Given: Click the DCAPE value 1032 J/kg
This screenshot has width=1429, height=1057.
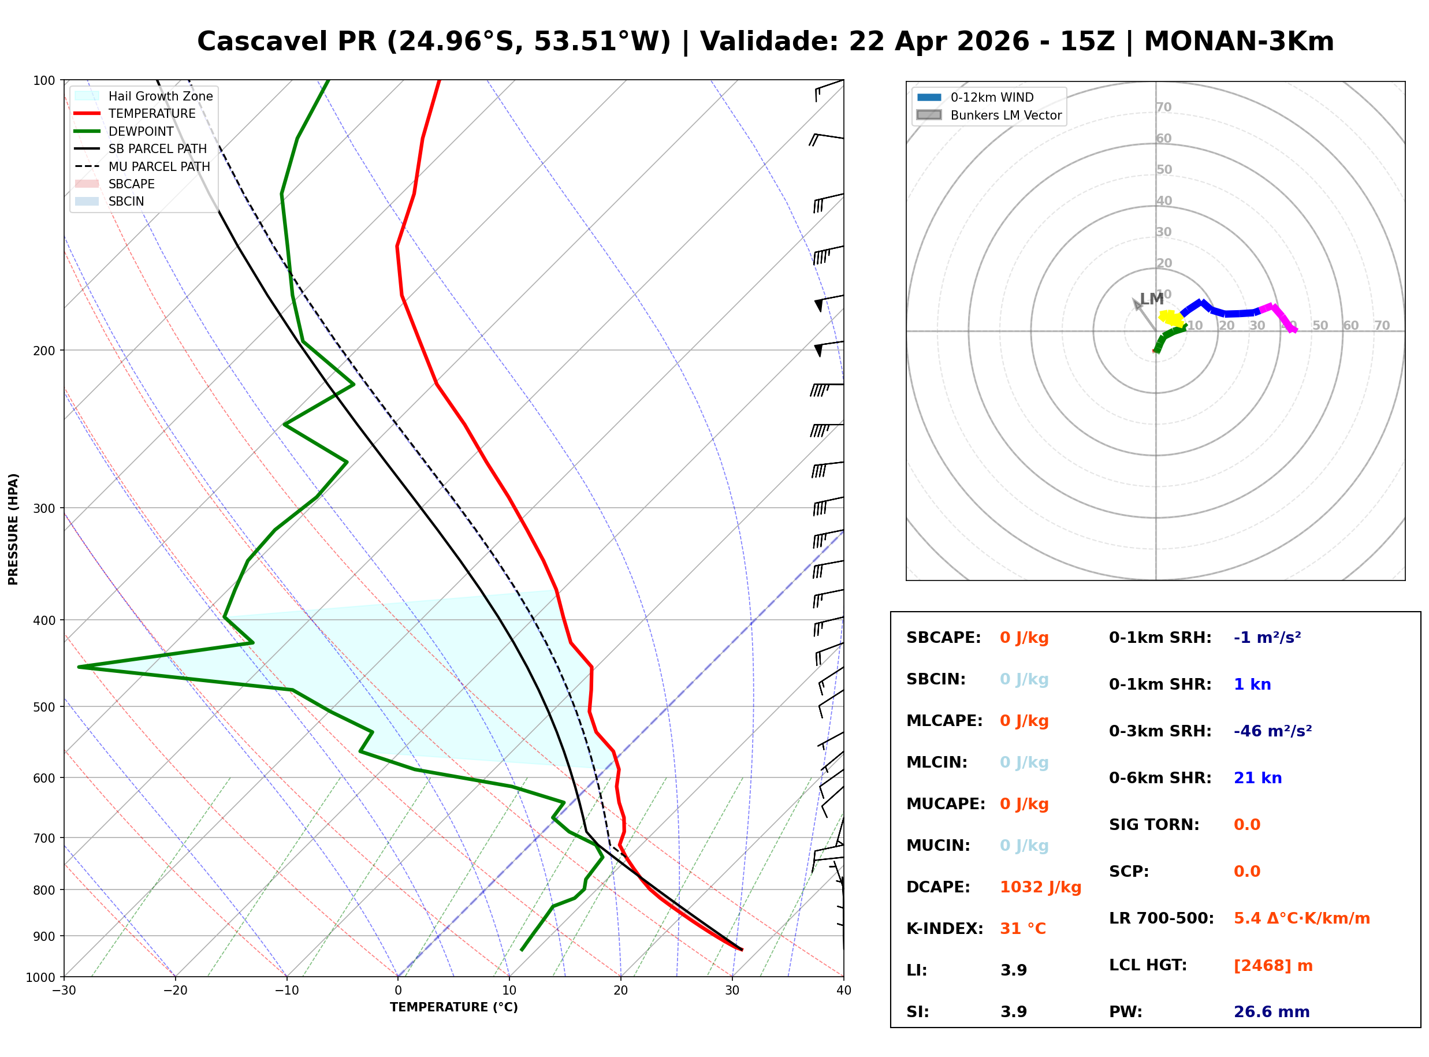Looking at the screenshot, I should coord(1040,887).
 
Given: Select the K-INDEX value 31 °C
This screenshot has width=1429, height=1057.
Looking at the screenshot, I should coord(1023,929).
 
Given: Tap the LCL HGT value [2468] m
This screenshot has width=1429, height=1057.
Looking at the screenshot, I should coord(1273,966).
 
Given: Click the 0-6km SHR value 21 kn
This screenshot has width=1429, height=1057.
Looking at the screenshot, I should coord(1257,778).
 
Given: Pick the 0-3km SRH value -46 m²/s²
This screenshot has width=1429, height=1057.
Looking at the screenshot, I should coord(1272,731).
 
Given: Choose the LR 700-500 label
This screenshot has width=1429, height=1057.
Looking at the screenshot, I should coord(1161,919).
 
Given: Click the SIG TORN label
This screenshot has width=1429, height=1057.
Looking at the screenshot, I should coord(1154,825).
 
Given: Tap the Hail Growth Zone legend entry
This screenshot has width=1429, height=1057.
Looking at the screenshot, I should coord(160,96).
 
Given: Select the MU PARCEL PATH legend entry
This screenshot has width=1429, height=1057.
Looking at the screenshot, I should coord(159,166).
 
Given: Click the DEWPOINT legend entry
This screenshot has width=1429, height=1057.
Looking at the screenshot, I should coord(141,131).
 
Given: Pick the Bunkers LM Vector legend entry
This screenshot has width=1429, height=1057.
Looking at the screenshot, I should coord(1006,115).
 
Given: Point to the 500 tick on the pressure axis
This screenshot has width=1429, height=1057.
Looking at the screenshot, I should coord(45,707).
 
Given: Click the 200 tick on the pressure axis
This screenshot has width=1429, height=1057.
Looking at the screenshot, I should coord(45,351).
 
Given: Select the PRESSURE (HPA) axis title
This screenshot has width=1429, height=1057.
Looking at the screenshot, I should coord(13,529).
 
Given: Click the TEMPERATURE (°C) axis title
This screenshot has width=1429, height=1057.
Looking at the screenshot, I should coord(453,1007).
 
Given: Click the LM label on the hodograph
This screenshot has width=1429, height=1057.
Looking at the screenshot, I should coord(1151,299).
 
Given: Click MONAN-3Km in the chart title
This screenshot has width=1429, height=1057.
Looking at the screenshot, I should coord(1238,42).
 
